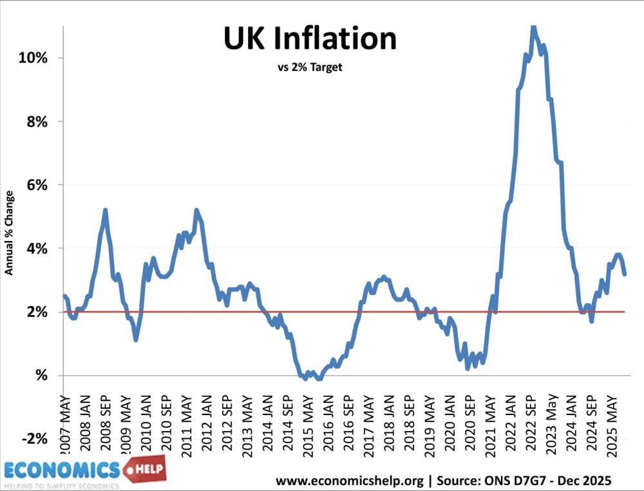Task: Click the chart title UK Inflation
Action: pos(310,40)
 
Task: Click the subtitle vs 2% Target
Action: pos(310,67)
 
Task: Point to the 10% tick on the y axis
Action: pos(34,58)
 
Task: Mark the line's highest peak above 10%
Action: pos(532,27)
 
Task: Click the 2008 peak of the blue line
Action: pos(105,210)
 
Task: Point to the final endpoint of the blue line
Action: pos(625,274)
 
